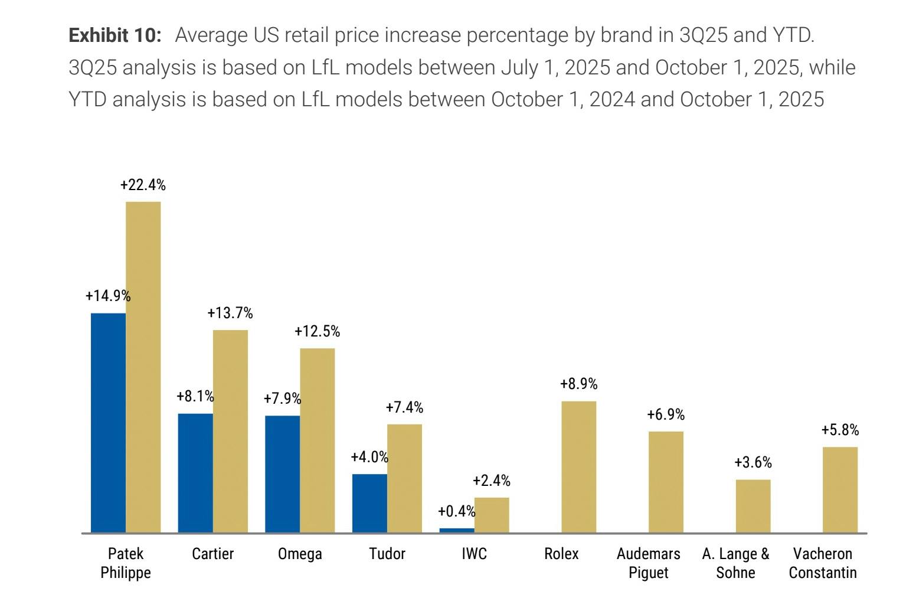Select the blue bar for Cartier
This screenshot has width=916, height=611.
pos(195,473)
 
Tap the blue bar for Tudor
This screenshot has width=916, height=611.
pos(369,503)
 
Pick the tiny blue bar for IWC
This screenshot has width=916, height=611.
pos(457,530)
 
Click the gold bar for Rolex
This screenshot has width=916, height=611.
pos(578,467)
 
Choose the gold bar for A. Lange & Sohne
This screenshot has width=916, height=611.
pos(753,506)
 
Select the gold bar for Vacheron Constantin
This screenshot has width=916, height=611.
pos(840,490)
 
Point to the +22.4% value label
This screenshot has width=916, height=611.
pos(143,185)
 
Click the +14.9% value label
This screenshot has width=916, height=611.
pos(108,296)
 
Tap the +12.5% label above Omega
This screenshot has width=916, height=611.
pos(318,332)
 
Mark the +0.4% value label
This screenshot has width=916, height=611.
pos(456,511)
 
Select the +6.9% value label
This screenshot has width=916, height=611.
pos(666,415)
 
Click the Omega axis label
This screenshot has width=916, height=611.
pos(300,554)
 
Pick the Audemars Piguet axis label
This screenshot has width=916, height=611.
pos(648,563)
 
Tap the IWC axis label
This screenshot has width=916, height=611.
pos(474,554)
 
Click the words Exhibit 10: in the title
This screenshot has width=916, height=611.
pos(115,35)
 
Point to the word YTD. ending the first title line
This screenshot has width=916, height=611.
pos(793,35)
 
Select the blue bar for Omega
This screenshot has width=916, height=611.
pos(282,474)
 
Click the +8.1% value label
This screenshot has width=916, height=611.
pos(195,396)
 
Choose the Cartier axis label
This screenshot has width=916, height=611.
pos(212,554)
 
